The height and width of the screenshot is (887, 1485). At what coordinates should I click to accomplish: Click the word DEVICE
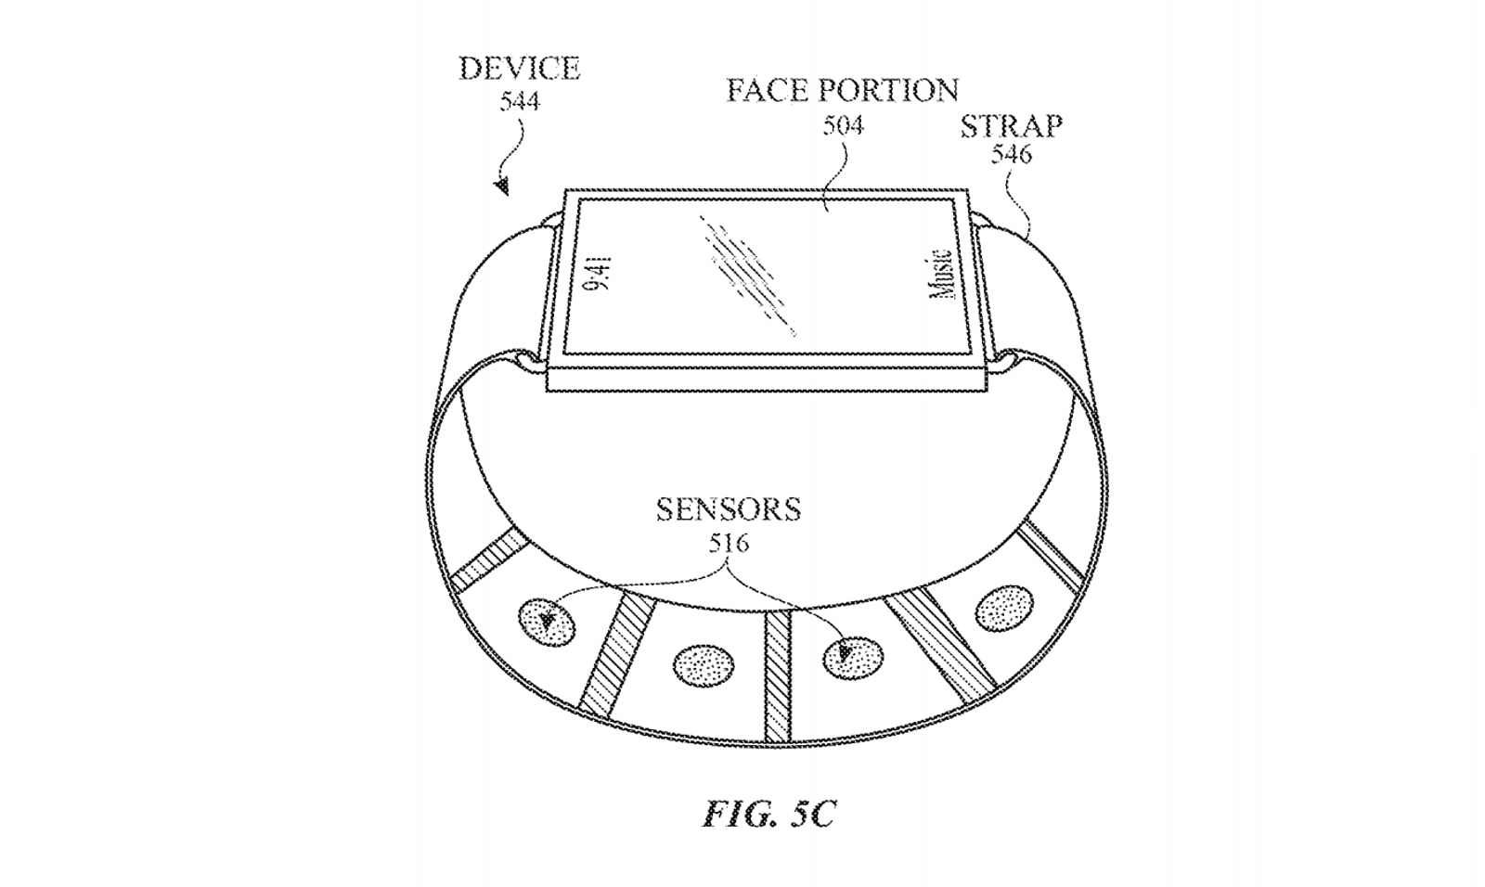(x=520, y=69)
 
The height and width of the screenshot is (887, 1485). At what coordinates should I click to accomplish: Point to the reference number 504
(x=844, y=124)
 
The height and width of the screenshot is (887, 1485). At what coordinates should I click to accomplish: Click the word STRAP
(x=1012, y=126)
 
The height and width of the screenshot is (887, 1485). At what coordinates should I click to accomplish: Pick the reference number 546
(x=1012, y=154)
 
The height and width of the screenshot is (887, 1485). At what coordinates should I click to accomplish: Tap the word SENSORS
(x=729, y=509)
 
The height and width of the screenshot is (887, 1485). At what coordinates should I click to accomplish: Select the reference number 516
(x=729, y=544)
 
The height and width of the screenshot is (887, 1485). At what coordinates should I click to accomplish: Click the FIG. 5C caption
(x=769, y=814)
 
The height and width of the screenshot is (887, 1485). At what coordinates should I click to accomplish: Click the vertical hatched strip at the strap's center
(x=779, y=676)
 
